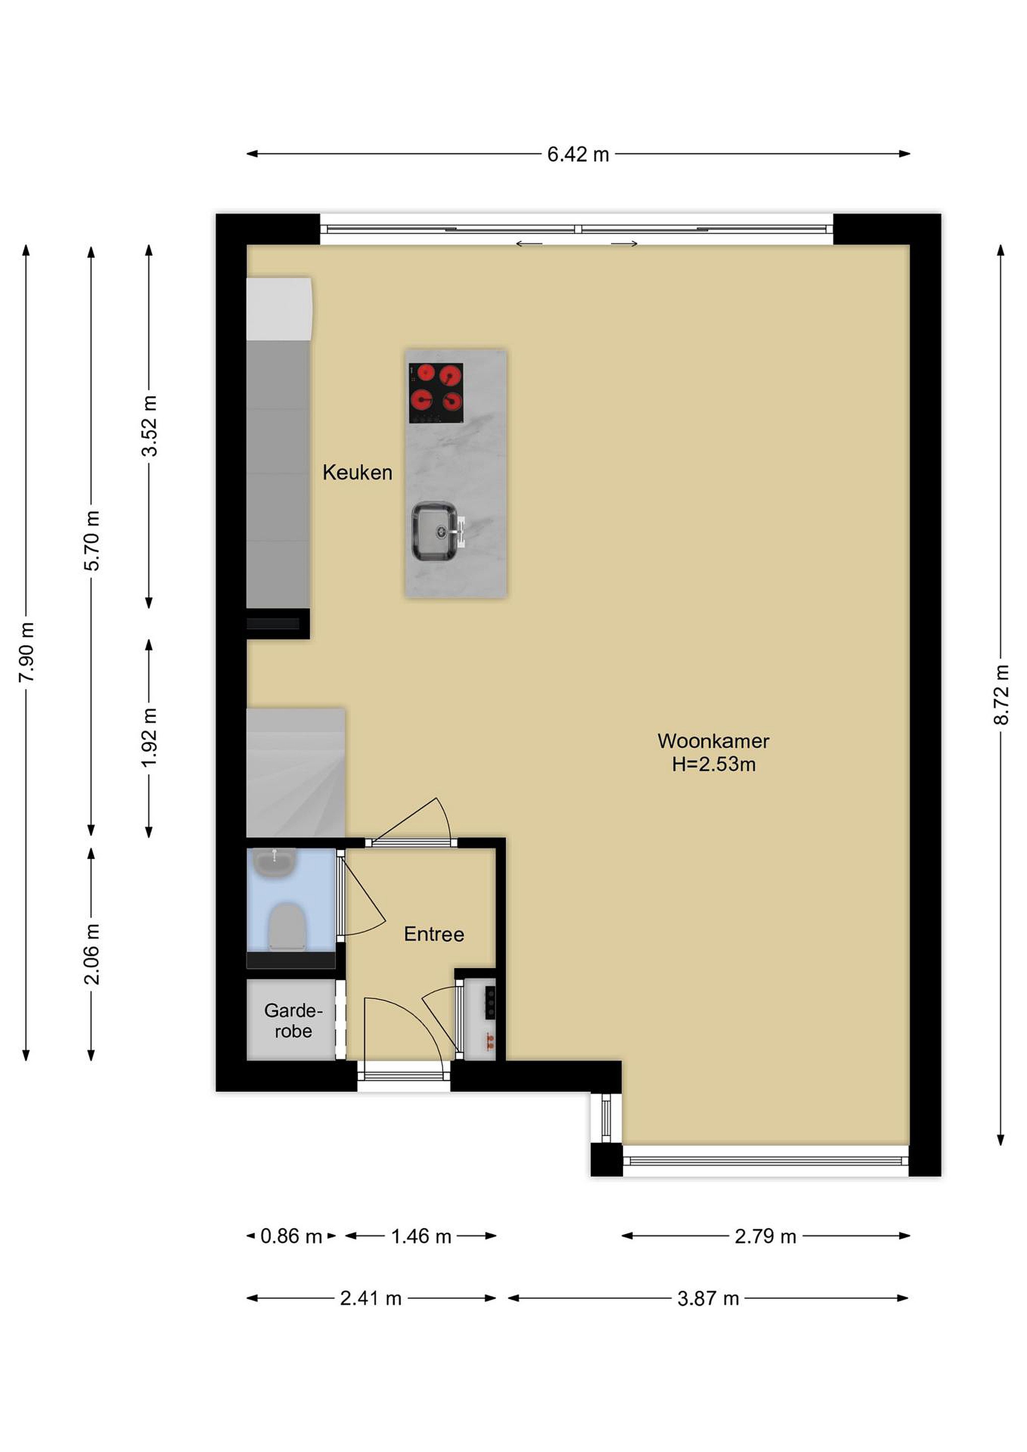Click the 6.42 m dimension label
[x=578, y=154]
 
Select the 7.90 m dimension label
[x=27, y=652]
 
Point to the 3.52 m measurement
[x=149, y=426]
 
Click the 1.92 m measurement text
[x=149, y=738]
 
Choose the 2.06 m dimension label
[x=92, y=954]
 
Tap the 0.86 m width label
[x=291, y=1236]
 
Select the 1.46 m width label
[x=421, y=1236]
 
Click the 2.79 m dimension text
[x=765, y=1236]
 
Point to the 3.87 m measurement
[x=708, y=1299]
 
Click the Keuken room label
[x=357, y=472]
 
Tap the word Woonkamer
[x=713, y=741]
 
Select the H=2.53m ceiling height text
[x=714, y=765]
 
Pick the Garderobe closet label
[x=293, y=1021]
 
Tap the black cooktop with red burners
[x=436, y=393]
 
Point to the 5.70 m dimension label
[x=92, y=540]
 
